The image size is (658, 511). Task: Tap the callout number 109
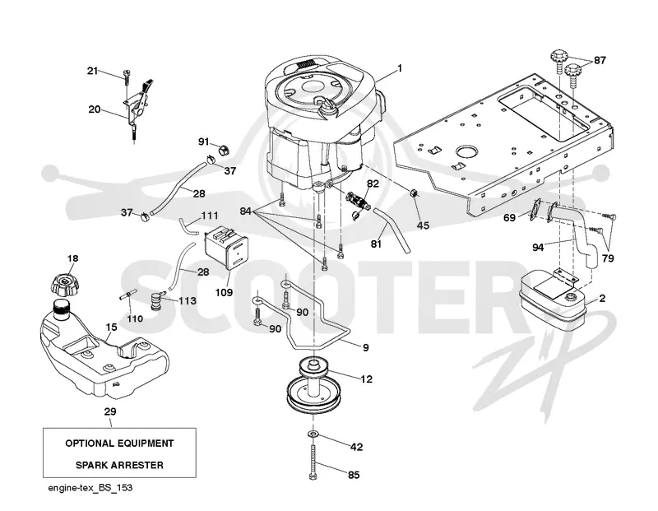pos(224,292)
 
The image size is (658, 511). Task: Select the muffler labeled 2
pos(551,301)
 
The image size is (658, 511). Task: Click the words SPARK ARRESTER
pos(119,465)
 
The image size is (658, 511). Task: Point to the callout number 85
pos(354,475)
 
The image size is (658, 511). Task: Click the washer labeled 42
pos(313,433)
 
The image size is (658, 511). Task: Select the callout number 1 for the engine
pos(400,68)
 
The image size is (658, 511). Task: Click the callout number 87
pos(600,60)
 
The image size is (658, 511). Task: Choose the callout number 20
pos(95,109)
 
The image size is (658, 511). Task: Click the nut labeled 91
pos(224,149)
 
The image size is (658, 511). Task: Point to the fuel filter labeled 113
pos(157,301)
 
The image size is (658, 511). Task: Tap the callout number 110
pos(135,318)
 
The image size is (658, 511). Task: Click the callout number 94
pos(538,248)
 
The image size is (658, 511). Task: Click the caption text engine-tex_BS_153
pos(90,487)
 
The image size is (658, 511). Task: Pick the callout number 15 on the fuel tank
pos(111,327)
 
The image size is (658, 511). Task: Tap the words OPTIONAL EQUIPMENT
pos(119,444)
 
